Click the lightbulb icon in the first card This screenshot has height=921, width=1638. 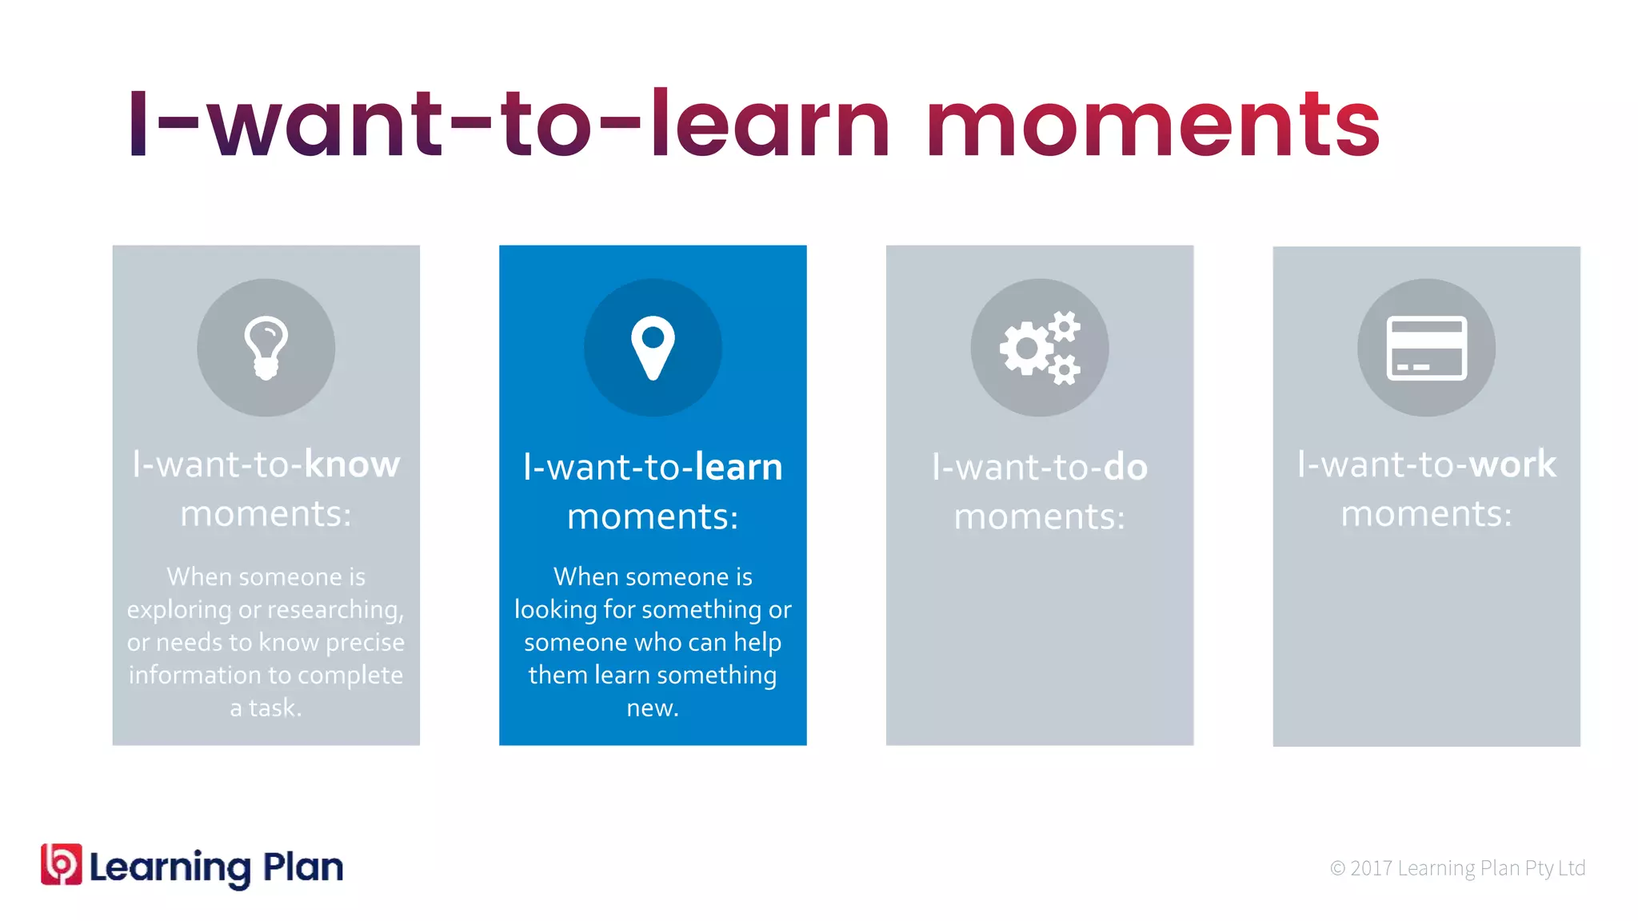tap(266, 348)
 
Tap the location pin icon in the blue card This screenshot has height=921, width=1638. tap(653, 348)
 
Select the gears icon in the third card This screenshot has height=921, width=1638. tap(1040, 348)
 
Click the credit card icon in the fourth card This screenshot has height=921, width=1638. tap(1426, 348)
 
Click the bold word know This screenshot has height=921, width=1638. tap(352, 464)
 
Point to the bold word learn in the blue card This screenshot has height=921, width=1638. tap(738, 467)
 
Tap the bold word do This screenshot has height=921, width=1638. tap(1125, 467)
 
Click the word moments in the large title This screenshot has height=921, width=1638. tap(1153, 124)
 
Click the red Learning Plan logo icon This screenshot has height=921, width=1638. tap(62, 864)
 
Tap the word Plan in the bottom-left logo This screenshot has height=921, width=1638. tap(303, 867)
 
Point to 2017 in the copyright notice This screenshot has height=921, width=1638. tap(1371, 868)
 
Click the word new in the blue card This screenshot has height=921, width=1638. tap(652, 708)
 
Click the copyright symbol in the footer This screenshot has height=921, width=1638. tap(1337, 868)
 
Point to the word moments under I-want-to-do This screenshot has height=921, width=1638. tap(1039, 516)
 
